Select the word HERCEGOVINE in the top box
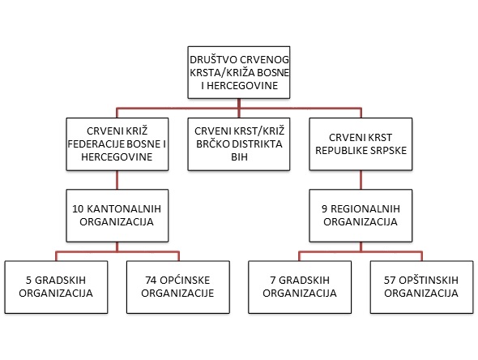[x=242, y=86]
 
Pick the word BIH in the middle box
[x=239, y=157]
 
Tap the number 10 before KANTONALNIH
[x=78, y=209]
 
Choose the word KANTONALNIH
[x=124, y=209]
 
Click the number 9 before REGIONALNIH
[x=324, y=209]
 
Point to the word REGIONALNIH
[x=365, y=209]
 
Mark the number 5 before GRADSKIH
[x=28, y=280]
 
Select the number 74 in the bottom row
[x=151, y=280]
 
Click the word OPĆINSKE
[x=185, y=280]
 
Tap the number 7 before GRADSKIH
[x=273, y=280]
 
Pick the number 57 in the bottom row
[x=390, y=280]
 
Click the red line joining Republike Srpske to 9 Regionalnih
[x=361, y=180]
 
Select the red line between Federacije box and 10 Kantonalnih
[x=117, y=180]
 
